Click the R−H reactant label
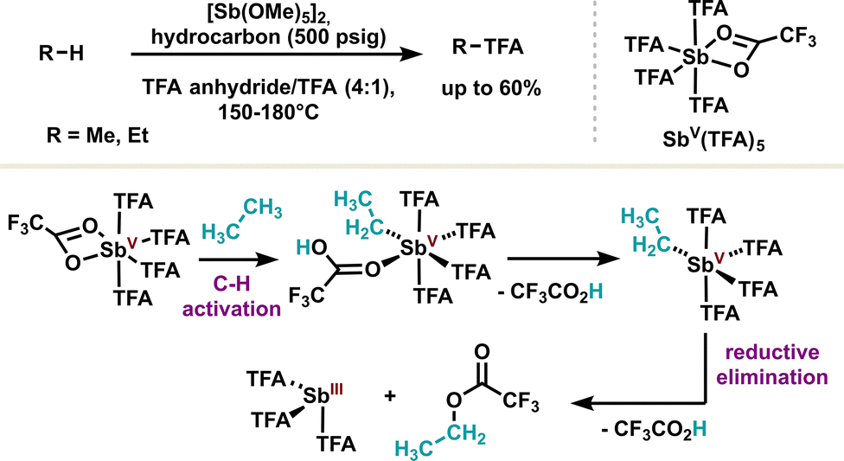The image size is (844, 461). [x=61, y=54]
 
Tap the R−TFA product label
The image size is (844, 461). [x=488, y=47]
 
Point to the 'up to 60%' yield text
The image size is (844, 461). [x=491, y=87]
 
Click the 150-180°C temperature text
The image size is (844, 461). [x=269, y=112]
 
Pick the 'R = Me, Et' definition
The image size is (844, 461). [x=98, y=135]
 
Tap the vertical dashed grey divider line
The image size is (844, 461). [x=595, y=71]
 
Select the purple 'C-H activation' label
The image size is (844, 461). [x=232, y=296]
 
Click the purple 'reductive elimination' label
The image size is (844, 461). [x=771, y=365]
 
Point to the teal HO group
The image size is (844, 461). [x=311, y=247]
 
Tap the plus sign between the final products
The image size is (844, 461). [x=390, y=396]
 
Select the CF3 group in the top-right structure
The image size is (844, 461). [x=797, y=38]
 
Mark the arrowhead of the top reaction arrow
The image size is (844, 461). [x=413, y=54]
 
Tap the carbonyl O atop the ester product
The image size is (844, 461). [x=482, y=353]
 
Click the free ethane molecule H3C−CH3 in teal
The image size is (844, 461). [x=241, y=221]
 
